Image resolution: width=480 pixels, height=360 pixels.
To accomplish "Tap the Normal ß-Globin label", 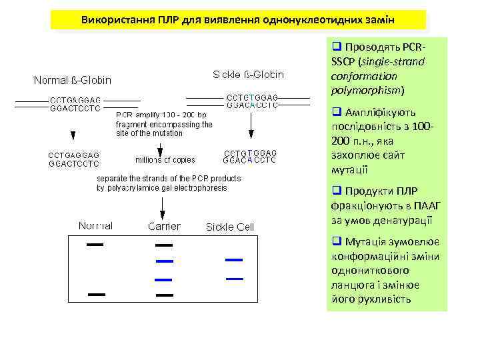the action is tap(73, 81).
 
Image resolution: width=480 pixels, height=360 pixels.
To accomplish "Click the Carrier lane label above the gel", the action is tap(164, 226).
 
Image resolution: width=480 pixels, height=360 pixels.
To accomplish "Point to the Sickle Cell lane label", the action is tap(230, 227).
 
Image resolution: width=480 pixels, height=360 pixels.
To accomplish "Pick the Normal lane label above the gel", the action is tap(95, 225).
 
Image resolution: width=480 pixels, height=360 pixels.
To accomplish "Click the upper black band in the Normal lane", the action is tap(95, 245).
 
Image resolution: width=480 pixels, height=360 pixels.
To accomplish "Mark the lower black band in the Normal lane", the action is tap(95, 293).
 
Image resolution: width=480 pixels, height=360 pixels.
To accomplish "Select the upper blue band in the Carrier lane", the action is tap(164, 260).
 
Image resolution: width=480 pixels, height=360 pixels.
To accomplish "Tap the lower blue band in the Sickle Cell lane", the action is tap(234, 278).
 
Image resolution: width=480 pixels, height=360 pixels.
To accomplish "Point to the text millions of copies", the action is tap(165, 159).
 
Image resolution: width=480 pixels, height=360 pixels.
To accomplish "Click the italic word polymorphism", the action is tap(363, 89).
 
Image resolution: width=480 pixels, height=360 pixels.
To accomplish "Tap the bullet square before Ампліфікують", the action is tap(335, 112).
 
